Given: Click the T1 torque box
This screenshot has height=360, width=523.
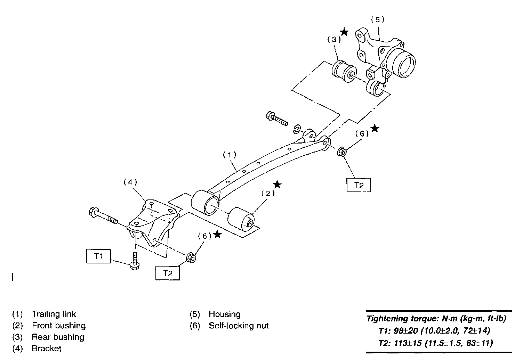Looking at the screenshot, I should click(x=99, y=256).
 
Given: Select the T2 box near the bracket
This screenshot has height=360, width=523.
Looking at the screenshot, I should click(x=168, y=273).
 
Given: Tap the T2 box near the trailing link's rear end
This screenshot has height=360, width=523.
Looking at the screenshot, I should click(x=359, y=185).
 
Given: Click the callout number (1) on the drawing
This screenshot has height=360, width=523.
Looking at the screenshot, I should click(x=230, y=155).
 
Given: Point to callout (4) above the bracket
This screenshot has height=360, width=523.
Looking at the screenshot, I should click(x=130, y=182).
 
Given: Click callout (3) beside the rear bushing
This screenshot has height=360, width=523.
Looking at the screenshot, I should click(x=334, y=39).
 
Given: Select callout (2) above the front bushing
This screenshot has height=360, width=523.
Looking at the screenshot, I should click(x=268, y=194).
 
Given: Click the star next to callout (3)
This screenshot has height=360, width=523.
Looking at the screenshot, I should click(x=344, y=32).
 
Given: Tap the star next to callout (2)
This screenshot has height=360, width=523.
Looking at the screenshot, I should click(x=277, y=184).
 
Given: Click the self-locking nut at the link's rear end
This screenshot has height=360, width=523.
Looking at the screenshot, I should click(x=341, y=152).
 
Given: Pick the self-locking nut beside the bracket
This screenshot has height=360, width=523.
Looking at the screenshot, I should click(x=191, y=258).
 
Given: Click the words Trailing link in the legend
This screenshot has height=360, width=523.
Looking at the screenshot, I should click(x=54, y=314).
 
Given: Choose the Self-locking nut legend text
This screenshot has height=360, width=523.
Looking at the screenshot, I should click(x=239, y=326).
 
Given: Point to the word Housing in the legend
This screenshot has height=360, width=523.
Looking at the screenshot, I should click(x=225, y=314).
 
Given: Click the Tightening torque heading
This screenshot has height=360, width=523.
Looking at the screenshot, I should click(x=436, y=318).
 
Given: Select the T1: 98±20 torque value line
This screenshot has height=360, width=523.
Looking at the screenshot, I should click(x=435, y=330).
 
